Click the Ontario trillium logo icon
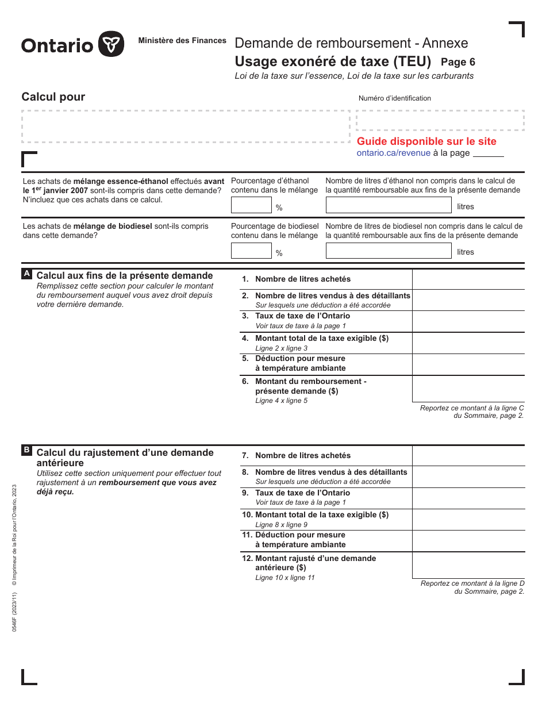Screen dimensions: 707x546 tap(111, 44)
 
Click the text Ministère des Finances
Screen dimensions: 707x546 tap(182, 41)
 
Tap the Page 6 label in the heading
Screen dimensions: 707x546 tap(457, 62)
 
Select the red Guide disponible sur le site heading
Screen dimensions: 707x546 tap(426, 141)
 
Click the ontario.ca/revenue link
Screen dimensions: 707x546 tap(393, 153)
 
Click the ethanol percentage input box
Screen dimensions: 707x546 tap(251, 205)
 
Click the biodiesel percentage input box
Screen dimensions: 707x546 tap(251, 251)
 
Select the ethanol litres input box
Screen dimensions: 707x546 tap(389, 205)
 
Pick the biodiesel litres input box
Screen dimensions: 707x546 tap(389, 251)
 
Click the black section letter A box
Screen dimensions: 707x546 tap(26, 274)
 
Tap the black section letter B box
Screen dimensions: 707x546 tap(26, 451)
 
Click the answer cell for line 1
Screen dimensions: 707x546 tap(468, 279)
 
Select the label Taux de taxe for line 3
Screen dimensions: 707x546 tap(302, 316)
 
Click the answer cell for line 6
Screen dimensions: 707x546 tap(468, 389)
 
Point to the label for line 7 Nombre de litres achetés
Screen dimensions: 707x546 tap(302, 456)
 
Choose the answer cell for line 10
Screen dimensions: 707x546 tap(468, 520)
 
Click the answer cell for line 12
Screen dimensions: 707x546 tap(468, 565)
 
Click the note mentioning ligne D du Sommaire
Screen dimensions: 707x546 tap(472, 587)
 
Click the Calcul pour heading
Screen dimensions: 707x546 tap(53, 97)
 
